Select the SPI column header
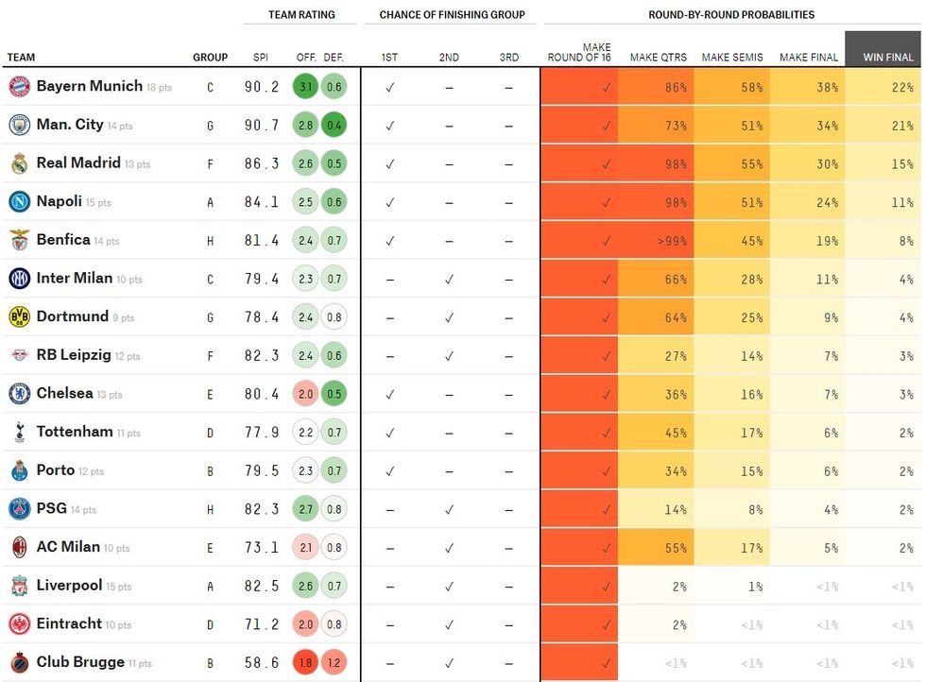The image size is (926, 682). click(x=261, y=58)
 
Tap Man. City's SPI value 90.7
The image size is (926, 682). click(x=262, y=125)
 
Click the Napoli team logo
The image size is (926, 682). click(x=20, y=201)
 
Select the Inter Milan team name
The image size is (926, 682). click(x=75, y=279)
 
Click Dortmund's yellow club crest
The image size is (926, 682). click(x=20, y=316)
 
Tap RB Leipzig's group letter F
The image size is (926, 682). click(x=211, y=356)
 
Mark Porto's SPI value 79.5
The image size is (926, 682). click(x=262, y=471)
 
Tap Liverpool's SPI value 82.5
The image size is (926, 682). click(x=262, y=587)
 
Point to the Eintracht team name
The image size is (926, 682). click(x=69, y=623)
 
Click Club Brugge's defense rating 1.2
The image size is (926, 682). click(x=334, y=663)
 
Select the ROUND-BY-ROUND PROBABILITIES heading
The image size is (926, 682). click(x=731, y=15)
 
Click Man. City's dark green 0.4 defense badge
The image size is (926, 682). click(x=334, y=125)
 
